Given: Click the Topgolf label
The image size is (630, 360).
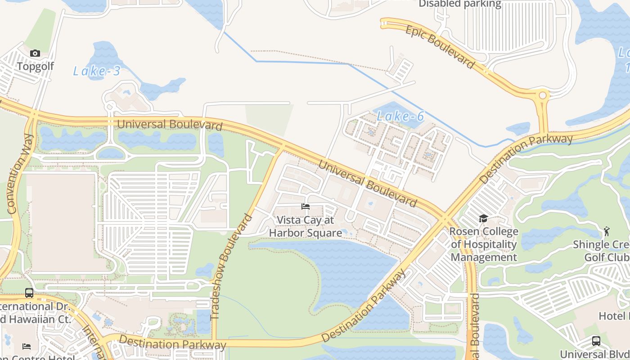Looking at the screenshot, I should (x=35, y=66).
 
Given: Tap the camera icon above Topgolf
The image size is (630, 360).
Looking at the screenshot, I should (x=35, y=54).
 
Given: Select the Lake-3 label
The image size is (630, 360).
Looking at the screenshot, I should (x=97, y=71).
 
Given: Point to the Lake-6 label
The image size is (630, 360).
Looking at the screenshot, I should (x=400, y=117).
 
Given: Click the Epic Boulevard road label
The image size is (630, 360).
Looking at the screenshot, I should (x=440, y=47).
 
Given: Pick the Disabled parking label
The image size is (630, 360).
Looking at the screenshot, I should (x=460, y=4).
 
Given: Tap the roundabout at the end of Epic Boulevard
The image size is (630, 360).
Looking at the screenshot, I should (x=543, y=95).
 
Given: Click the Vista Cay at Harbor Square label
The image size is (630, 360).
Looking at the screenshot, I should (x=306, y=226).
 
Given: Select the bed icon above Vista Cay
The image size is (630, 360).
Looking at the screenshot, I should (x=306, y=207).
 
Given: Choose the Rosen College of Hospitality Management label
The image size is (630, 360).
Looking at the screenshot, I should (x=484, y=244).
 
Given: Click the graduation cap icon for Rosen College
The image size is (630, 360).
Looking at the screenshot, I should (x=483, y=219).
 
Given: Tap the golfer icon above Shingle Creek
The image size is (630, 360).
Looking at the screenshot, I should (x=606, y=231).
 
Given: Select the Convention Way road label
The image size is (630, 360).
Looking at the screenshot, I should (x=19, y=173).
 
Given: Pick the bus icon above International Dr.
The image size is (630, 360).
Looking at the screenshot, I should (x=29, y=293).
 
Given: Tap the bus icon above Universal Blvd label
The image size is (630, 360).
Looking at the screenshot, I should (x=596, y=341).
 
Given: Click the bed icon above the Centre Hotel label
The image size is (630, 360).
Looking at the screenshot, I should (x=27, y=346).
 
